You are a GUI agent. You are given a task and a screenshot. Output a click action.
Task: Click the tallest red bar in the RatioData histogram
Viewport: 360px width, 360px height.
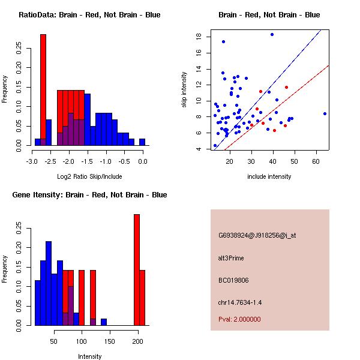[43, 90]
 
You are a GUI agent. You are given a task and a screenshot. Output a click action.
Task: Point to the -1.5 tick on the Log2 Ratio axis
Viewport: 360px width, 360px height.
[87, 154]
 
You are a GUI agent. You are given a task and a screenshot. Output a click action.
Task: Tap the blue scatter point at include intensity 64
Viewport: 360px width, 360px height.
[325, 113]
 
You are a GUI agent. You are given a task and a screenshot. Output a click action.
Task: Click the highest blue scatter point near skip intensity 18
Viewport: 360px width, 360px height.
[272, 35]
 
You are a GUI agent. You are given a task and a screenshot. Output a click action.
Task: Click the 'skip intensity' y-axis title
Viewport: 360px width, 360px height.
[184, 90]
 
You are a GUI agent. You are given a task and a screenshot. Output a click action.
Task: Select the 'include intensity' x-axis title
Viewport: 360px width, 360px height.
[269, 176]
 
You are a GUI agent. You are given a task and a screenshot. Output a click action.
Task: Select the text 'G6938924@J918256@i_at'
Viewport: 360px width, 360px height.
[257, 235]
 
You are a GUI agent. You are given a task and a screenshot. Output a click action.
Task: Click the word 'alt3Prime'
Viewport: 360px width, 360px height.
[231, 258]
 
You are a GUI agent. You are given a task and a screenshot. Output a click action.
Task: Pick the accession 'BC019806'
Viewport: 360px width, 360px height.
[233, 280]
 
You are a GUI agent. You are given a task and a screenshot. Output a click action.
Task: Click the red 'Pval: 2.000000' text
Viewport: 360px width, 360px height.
[239, 319]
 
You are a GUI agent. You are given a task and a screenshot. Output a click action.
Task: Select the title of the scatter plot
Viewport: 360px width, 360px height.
[269, 15]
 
